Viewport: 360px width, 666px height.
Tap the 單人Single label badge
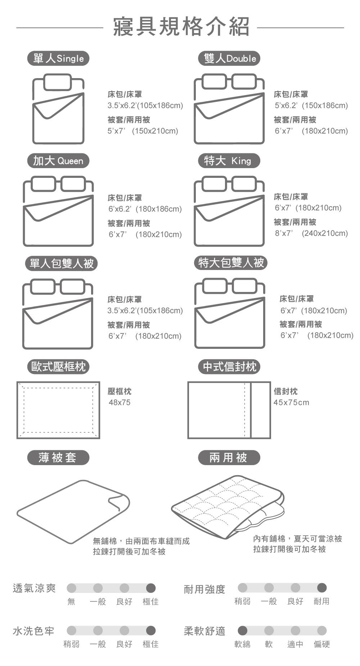point(58,58)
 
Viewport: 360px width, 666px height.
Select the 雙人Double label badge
point(229,58)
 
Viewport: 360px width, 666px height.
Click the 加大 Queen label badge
point(58,161)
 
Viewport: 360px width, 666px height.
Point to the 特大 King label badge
point(229,161)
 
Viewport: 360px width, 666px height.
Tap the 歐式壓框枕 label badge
point(58,366)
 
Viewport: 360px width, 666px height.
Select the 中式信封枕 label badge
point(229,366)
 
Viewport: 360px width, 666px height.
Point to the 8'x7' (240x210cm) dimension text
point(311,233)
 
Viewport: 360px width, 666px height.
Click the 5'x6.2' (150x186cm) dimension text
point(311,105)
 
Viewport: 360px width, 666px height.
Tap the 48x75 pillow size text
point(120,402)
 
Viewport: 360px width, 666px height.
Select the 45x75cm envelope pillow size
point(291,402)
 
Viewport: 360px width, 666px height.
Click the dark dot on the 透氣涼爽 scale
point(151,588)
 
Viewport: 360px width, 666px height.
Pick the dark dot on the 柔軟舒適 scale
point(242,630)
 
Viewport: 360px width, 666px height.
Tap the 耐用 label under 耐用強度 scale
point(321,601)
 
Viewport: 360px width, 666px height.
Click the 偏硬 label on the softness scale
point(321,644)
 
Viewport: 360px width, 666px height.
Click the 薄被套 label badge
point(58,458)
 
